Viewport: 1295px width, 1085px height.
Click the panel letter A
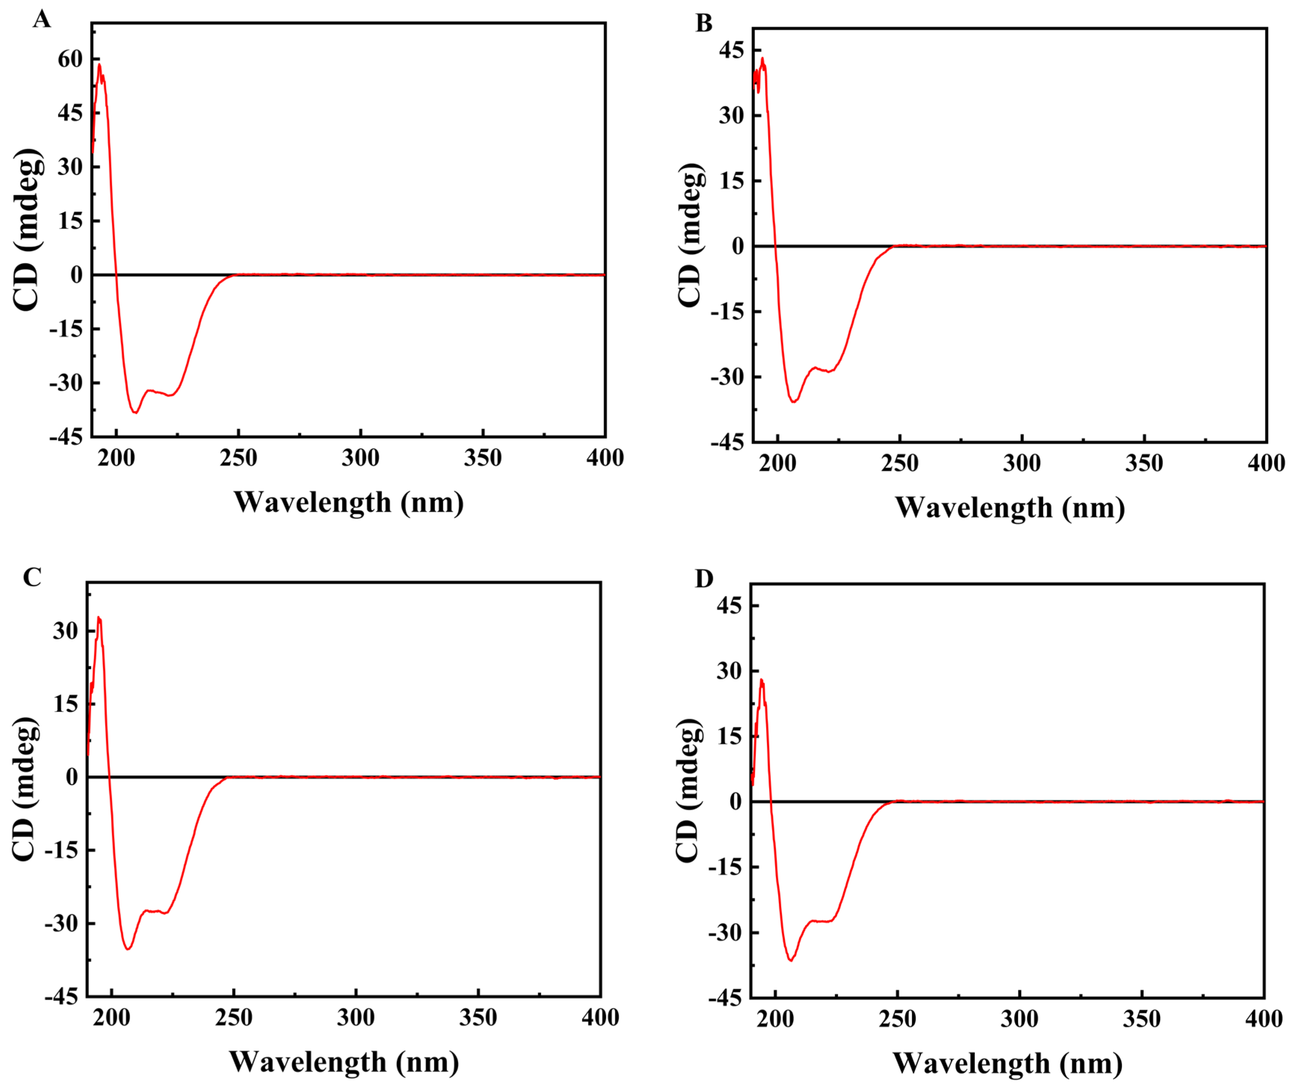(41, 20)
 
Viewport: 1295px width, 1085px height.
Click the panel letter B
(704, 24)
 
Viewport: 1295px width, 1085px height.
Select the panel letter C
(32, 577)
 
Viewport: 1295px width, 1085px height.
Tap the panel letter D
(704, 579)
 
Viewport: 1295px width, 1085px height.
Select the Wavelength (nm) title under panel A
(348, 503)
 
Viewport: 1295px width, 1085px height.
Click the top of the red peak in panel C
(99, 617)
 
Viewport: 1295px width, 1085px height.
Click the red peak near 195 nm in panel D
(762, 680)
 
